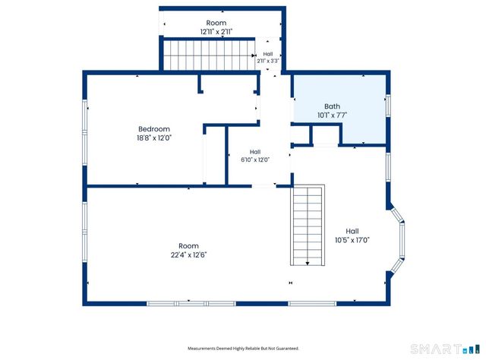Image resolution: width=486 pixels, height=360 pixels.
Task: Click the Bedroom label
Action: tap(154, 129)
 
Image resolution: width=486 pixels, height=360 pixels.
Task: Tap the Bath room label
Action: tap(332, 106)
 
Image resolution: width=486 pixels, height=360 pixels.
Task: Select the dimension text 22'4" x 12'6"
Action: tap(188, 255)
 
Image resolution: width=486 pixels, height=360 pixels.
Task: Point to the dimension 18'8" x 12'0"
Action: tap(154, 137)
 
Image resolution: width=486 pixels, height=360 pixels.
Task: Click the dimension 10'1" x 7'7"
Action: tap(332, 115)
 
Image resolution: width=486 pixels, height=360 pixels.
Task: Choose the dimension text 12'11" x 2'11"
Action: tap(216, 32)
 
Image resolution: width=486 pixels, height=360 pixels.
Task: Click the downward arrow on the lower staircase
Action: tap(308, 264)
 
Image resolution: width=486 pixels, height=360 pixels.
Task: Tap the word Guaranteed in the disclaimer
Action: tap(289, 349)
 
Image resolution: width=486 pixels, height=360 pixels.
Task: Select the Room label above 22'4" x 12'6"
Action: tap(188, 246)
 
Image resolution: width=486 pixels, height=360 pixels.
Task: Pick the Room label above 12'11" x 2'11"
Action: tap(216, 23)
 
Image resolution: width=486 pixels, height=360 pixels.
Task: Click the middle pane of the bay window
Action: tap(402, 240)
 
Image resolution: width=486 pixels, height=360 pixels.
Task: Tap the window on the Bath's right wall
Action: tap(388, 106)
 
